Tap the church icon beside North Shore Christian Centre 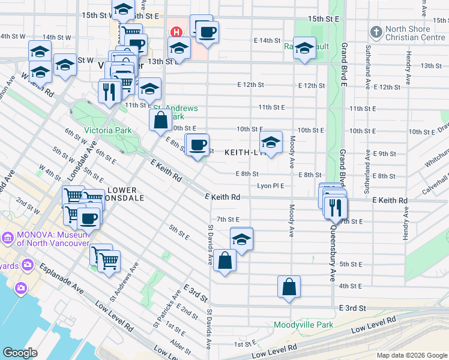point(376,31)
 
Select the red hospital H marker point(176,32)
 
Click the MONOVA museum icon point(8,238)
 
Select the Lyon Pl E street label point(270,186)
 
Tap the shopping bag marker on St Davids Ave point(224,261)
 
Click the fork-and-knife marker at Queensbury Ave point(336,208)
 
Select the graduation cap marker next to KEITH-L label point(271,143)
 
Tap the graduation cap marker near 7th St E point(241,239)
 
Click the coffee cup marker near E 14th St point(208,32)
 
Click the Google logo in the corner point(20,353)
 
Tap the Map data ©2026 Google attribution point(411,355)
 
